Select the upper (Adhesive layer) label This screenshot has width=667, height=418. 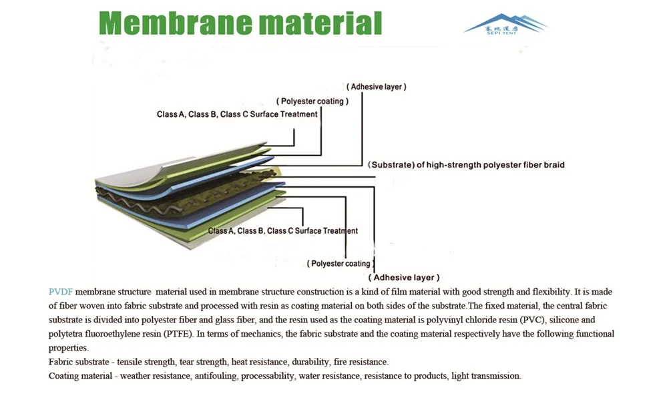tap(376, 87)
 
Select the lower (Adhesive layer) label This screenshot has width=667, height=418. tap(404, 277)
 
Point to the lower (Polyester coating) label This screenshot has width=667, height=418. tap(339, 264)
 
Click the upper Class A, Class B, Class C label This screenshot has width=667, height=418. tap(237, 114)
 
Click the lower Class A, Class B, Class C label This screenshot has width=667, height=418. tap(283, 231)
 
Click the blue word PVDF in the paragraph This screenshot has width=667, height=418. tap(60, 292)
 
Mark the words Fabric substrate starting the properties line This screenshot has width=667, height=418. tap(78, 362)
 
